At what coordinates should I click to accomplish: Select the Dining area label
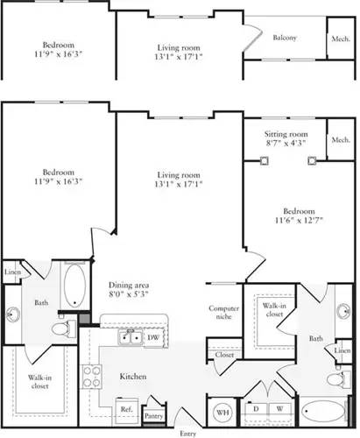coord(128,286)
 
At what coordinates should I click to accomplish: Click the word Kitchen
coord(133,377)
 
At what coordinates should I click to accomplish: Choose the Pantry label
coord(154,416)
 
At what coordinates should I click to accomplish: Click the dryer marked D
coord(256,409)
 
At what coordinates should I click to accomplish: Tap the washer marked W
coord(279,409)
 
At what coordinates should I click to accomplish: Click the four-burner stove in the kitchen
coord(91,377)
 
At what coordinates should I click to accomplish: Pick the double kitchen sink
coord(131,336)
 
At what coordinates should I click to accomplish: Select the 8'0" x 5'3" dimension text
coord(128,296)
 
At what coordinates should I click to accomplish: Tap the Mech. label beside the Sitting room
coord(340,140)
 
